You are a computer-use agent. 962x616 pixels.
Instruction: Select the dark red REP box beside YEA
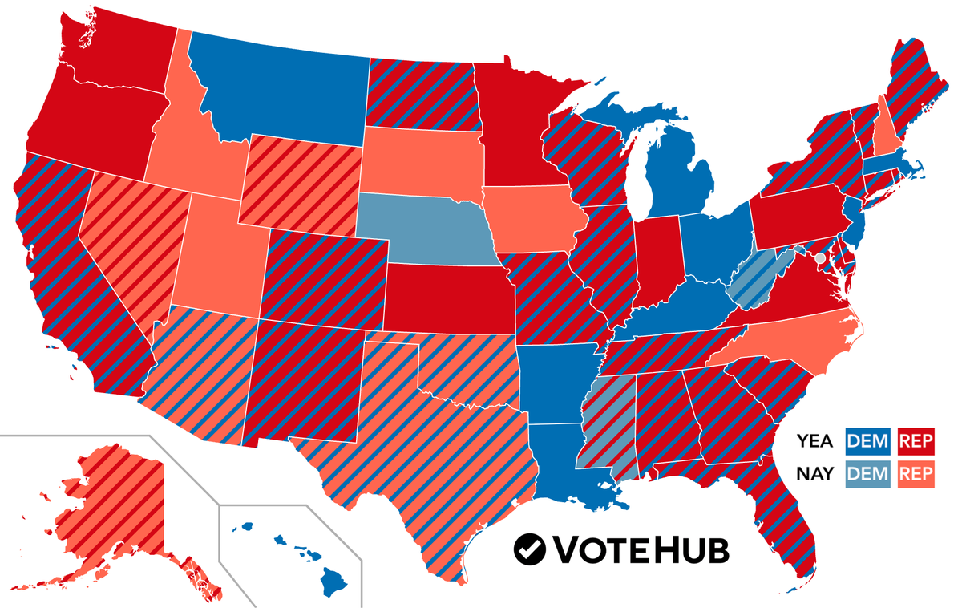(916, 440)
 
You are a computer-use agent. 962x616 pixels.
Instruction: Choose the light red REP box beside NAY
(916, 474)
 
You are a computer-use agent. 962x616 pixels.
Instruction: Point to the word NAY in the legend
(814, 474)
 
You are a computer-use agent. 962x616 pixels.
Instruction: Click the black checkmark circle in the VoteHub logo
(530, 549)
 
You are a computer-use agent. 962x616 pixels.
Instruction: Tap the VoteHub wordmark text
(641, 549)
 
